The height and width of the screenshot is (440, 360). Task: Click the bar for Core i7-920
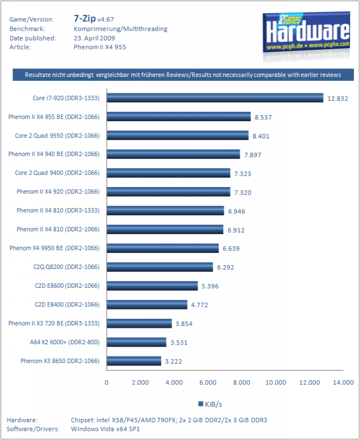pos(215,98)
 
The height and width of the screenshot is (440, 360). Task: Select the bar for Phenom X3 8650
pos(134,361)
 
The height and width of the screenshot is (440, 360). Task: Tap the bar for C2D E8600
pos(152,286)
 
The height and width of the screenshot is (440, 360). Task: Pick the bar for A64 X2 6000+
pos(136,342)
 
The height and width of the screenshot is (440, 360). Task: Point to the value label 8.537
pos(263,117)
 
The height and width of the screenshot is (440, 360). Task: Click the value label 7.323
pos(243,174)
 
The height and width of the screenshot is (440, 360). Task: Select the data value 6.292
pos(225,267)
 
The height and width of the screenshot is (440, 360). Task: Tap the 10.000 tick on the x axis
pos(276,382)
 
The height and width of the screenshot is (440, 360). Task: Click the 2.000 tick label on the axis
pos(140,382)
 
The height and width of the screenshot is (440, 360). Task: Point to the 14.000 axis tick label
pos(343,382)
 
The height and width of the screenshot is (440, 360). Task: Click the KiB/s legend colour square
pos(200,404)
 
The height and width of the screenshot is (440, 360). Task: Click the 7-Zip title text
pos(85,18)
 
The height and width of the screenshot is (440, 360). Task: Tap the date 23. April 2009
pos(94,38)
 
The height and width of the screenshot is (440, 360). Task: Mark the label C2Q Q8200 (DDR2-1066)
pos(66,267)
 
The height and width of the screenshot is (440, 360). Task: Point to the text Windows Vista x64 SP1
pos(105,429)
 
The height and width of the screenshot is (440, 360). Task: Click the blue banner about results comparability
pos(183,75)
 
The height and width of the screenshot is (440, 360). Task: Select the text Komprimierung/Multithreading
pos(120,29)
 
